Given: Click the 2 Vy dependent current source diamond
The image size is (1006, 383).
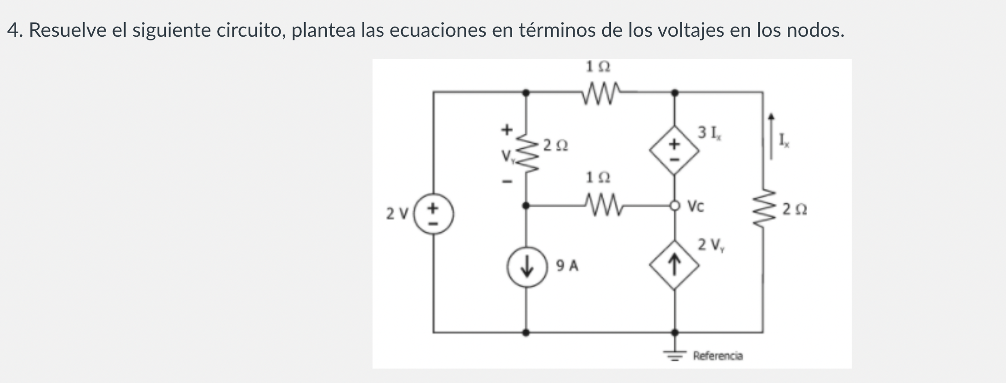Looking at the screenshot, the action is [674, 265].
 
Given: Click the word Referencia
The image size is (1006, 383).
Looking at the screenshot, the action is [718, 355].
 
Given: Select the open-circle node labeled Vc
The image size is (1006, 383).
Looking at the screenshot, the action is [674, 206].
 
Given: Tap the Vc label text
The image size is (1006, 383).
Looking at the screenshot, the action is [695, 207].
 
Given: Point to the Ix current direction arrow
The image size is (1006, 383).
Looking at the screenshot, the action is [771, 136].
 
